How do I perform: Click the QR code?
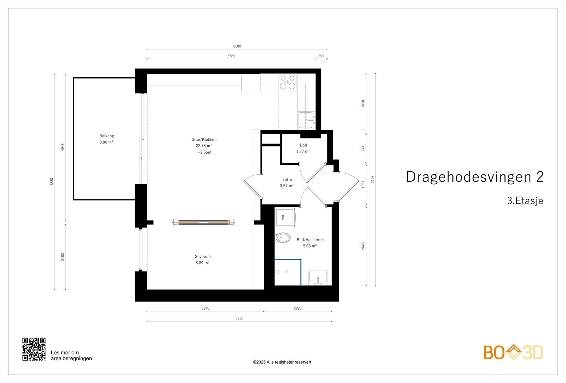[x=34, y=349]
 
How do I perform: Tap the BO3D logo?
[x=513, y=352]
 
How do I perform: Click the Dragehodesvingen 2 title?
[x=474, y=177]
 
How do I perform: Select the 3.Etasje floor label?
[x=525, y=201]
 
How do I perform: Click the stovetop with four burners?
[x=288, y=82]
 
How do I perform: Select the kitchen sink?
[x=306, y=120]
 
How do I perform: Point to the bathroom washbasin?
[x=318, y=278]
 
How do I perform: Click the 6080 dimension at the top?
[x=237, y=46]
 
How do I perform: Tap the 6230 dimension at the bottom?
[x=239, y=318]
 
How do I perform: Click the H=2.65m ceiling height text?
[x=203, y=152]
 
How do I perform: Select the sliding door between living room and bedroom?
[x=203, y=222]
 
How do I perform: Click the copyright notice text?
[x=282, y=362]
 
